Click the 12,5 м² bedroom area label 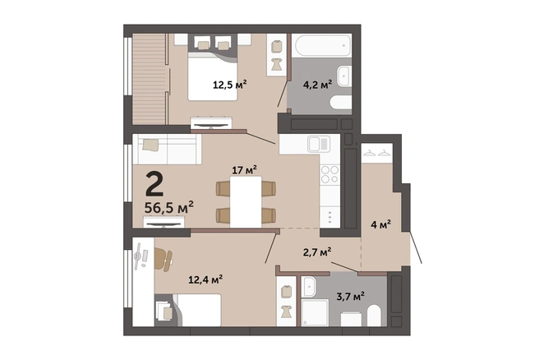coord(230,84)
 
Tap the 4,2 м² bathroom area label coord(317,84)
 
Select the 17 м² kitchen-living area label coord(244,170)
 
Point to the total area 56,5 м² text coord(168,207)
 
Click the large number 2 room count coord(154,184)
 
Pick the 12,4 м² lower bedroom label coord(205,279)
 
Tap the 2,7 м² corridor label coord(317,252)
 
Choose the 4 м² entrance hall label coord(381,225)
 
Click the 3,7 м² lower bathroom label coord(350,296)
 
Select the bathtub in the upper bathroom coord(322,45)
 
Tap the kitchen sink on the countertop coord(319,144)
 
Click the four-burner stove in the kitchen coord(329,174)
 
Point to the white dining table coord(246,202)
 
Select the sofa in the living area coord(168,150)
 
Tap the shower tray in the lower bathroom coord(315,312)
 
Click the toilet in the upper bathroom coord(341,103)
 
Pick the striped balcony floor coord(150,79)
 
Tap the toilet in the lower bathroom coord(374,316)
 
